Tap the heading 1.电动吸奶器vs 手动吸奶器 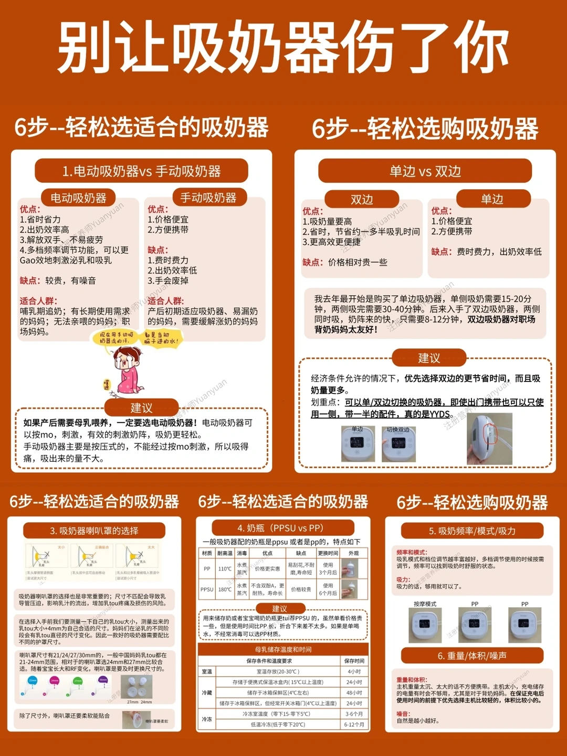141,171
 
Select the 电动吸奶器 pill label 78,198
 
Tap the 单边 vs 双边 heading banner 425,171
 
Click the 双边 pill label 362,200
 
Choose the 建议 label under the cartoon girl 141,408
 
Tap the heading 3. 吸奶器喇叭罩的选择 94,531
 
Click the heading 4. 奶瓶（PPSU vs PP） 280,528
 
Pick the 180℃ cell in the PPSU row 225,589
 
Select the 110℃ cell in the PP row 225,568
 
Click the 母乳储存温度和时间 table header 283,649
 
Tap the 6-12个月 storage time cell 354,724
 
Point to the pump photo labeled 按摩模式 425,626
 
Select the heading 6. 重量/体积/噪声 472,656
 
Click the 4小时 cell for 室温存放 354,671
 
